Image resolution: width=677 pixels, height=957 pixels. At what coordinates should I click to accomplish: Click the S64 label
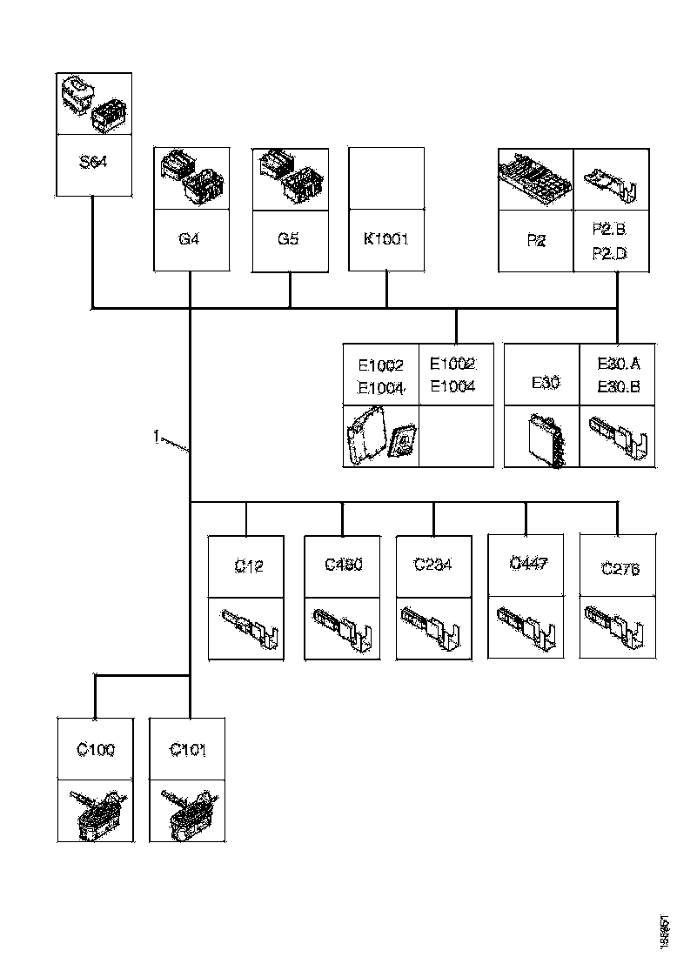click(x=93, y=163)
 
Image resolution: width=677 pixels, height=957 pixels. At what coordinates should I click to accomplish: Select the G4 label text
click(x=189, y=238)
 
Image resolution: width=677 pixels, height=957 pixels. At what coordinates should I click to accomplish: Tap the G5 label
click(x=289, y=238)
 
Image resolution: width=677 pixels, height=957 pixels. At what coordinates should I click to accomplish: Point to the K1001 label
click(x=386, y=238)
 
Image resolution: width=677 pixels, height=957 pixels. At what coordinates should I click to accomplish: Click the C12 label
click(x=248, y=566)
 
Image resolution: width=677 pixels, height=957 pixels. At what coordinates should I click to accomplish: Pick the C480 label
click(x=343, y=565)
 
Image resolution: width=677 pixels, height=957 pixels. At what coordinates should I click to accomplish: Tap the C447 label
click(x=527, y=564)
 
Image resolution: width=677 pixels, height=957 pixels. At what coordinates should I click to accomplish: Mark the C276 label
click(x=620, y=570)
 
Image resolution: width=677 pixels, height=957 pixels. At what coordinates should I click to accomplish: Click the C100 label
click(x=95, y=749)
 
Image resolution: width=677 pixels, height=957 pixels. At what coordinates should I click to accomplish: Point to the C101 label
click(x=188, y=749)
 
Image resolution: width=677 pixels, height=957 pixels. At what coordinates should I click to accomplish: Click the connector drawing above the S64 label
click(x=93, y=103)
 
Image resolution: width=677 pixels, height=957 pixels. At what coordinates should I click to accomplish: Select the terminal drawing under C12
click(x=248, y=629)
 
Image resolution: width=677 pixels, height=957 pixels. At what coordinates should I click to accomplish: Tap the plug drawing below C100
click(x=95, y=811)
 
